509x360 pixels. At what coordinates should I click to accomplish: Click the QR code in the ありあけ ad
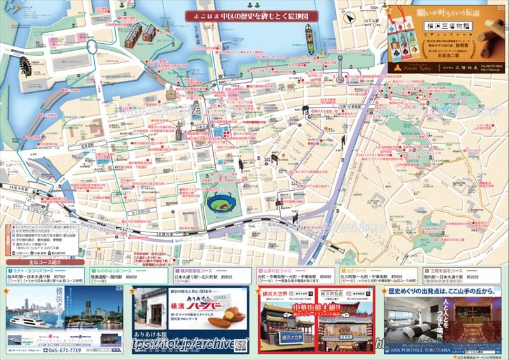point(239,344)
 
